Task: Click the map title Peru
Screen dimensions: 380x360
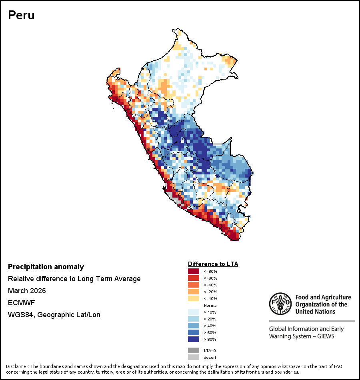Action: click(x=21, y=15)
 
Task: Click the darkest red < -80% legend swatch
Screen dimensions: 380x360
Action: click(x=194, y=272)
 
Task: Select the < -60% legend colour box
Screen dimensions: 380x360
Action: click(x=194, y=278)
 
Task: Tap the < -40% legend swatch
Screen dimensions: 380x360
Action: click(x=194, y=285)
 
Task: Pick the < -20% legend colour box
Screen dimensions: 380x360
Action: click(x=194, y=292)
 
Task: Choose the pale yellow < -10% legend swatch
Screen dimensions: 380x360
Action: click(x=194, y=299)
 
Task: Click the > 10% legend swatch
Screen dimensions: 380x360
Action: click(x=194, y=312)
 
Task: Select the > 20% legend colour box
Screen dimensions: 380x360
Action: click(x=194, y=319)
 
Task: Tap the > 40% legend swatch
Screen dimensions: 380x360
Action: click(x=194, y=326)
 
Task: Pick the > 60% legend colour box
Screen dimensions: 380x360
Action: click(x=194, y=333)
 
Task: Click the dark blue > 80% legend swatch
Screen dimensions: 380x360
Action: click(x=194, y=340)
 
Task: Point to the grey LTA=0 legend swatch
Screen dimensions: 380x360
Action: click(x=194, y=350)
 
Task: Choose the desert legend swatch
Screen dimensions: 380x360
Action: click(x=194, y=357)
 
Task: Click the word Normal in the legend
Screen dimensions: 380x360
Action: click(x=210, y=306)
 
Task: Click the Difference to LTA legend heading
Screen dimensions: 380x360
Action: click(x=213, y=264)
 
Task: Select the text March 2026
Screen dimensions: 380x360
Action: click(x=27, y=291)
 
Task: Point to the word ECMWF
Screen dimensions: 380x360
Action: click(x=21, y=303)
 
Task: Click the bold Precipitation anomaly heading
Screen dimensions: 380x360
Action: click(x=46, y=267)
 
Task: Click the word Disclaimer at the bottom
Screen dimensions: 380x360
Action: click(x=17, y=366)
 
